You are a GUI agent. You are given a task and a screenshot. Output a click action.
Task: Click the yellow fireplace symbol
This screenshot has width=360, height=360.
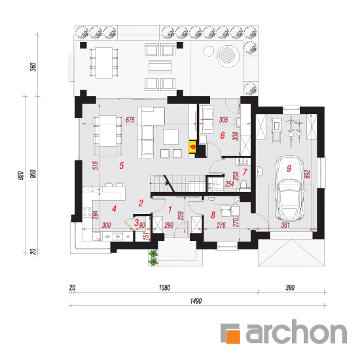[192, 147]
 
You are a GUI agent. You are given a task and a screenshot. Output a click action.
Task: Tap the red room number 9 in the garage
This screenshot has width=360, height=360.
[289, 168]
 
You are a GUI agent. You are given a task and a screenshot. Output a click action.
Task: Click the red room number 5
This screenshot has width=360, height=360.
[122, 166]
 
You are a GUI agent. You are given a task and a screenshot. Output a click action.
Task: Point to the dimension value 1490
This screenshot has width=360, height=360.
[196, 301]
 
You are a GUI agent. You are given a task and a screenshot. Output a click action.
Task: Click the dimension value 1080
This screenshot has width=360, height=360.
[164, 287]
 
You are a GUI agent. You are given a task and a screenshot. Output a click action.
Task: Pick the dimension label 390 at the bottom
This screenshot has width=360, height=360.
[290, 287]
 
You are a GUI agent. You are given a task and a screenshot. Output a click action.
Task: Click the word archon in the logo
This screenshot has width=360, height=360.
[296, 332]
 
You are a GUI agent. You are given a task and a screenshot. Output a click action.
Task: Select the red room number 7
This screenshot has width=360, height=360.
[245, 172]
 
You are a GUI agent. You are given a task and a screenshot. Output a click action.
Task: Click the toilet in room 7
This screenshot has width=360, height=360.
[243, 185]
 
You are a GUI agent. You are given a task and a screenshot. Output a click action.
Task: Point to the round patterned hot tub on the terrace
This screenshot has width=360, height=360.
[228, 56]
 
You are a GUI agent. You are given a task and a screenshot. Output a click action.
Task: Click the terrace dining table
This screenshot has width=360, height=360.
[104, 63]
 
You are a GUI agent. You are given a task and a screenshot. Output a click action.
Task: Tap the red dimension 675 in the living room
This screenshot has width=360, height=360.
[130, 120]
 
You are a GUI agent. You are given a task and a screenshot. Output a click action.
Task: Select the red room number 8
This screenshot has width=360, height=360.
[213, 215]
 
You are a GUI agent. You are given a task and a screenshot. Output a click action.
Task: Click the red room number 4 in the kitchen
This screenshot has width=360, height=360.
[114, 209]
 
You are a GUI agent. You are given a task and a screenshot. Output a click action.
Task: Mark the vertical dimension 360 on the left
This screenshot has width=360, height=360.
[33, 67]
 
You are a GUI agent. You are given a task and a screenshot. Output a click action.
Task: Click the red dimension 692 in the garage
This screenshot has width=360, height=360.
[307, 174]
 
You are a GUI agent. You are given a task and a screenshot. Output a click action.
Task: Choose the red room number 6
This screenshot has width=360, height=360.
[223, 135]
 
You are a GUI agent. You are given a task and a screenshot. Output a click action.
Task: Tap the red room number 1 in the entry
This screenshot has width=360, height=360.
[170, 209]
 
